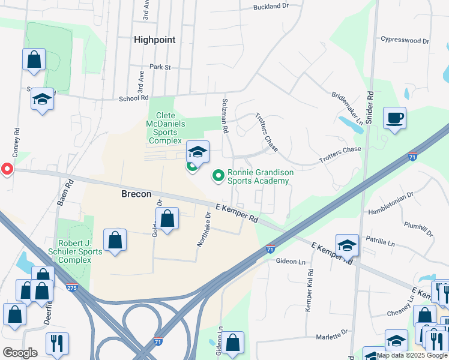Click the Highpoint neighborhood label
(x=155, y=40)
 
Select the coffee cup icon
(x=394, y=118)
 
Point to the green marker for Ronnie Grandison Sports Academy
(x=218, y=176)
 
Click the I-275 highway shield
(x=72, y=287)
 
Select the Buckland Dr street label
(x=271, y=7)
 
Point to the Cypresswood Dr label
(x=405, y=41)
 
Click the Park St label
(x=160, y=67)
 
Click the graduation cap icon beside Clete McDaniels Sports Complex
(x=197, y=151)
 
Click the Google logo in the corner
(x=20, y=353)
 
